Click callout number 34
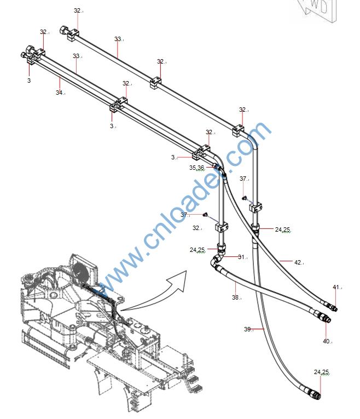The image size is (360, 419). pyautogui.click(x=59, y=93)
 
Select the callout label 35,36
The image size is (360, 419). pyautogui.click(x=196, y=168)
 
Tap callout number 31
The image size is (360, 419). pyautogui.click(x=241, y=257)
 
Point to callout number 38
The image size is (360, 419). pyautogui.click(x=235, y=297)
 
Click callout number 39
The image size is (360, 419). pyautogui.click(x=247, y=329)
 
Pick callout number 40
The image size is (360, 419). pyautogui.click(x=326, y=341)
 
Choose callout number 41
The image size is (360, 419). pyautogui.click(x=336, y=286)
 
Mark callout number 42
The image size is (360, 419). pyautogui.click(x=298, y=262)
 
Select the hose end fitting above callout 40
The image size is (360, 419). pyautogui.click(x=326, y=319)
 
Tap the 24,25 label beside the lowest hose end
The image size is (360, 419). pyautogui.click(x=321, y=372)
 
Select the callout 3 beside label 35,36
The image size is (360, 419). pyautogui.click(x=173, y=157)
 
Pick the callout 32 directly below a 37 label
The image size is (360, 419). pyautogui.click(x=196, y=228)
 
